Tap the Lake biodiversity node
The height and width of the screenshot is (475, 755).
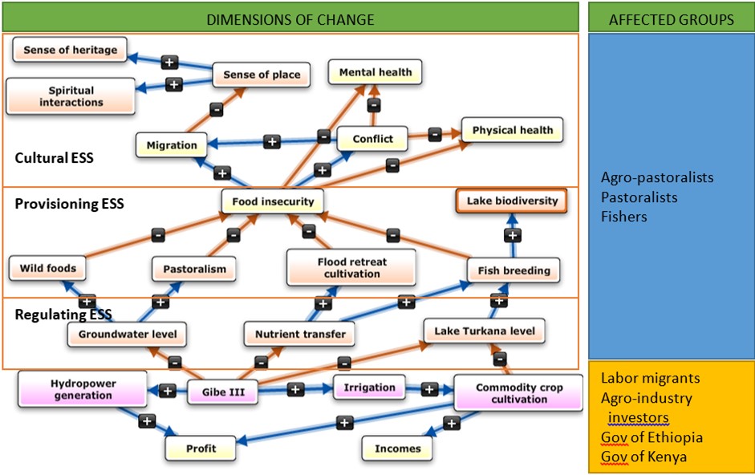(512, 200)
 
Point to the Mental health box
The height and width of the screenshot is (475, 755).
(375, 72)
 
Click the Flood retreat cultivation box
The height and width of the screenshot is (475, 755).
(351, 267)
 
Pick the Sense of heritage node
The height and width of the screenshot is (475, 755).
(70, 50)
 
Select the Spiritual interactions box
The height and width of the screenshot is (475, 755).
(71, 96)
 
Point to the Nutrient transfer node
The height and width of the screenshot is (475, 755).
(300, 334)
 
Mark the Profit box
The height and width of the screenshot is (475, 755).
(201, 449)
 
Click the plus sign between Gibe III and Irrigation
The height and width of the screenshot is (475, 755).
(294, 389)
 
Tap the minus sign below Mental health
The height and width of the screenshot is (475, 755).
(373, 105)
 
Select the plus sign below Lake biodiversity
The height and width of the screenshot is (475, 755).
(512, 235)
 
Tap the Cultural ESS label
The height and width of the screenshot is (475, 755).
(54, 158)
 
